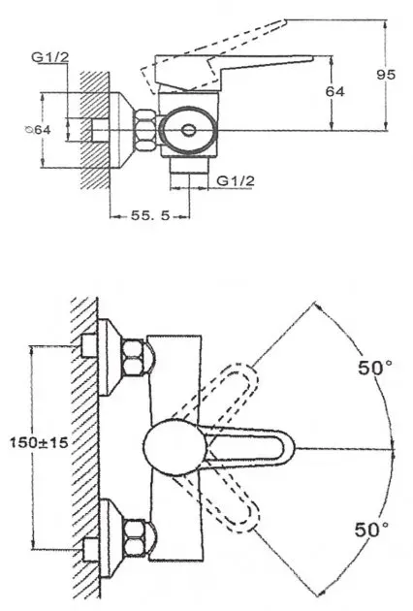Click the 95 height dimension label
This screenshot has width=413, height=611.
(386, 74)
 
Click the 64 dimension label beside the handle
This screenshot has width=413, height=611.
(335, 91)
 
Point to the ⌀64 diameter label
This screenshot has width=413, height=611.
(38, 129)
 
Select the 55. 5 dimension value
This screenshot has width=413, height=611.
(150, 215)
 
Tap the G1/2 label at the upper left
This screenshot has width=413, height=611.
(49, 57)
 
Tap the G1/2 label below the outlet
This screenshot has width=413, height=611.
(236, 180)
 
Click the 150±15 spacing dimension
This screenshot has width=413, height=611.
(39, 442)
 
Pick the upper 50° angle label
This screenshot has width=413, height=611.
(375, 368)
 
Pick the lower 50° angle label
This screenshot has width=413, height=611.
(371, 530)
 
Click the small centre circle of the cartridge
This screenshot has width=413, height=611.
(189, 130)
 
